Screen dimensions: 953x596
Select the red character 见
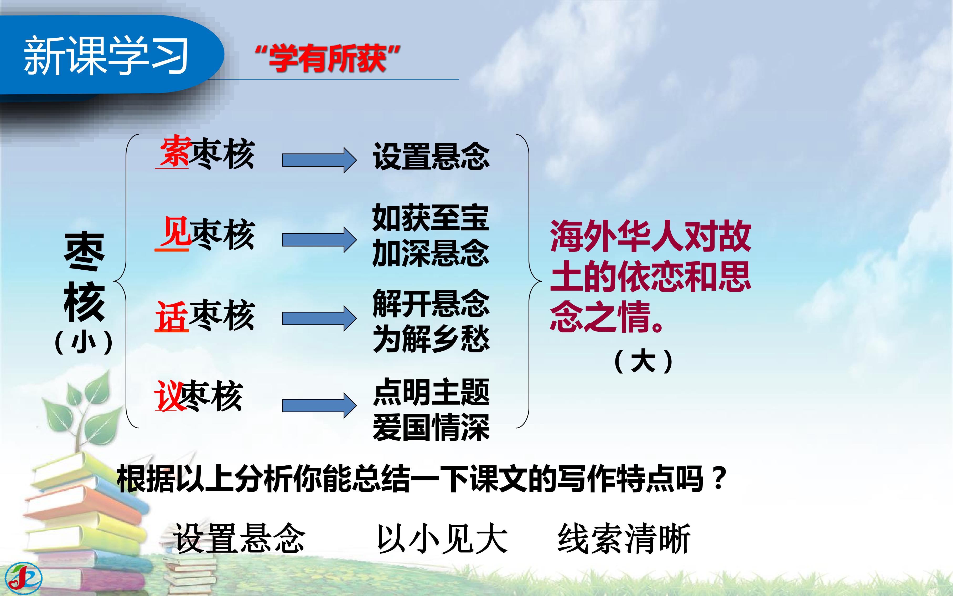tap(177, 233)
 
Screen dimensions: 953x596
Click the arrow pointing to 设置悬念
tap(319, 160)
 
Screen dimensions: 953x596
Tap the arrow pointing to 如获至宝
tap(319, 240)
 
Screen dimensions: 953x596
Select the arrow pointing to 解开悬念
tap(319, 318)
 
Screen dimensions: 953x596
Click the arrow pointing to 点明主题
tap(319, 405)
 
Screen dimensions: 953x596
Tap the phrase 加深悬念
tap(431, 253)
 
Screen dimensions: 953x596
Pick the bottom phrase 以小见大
tap(442, 538)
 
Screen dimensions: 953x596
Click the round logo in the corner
tap(24, 578)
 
